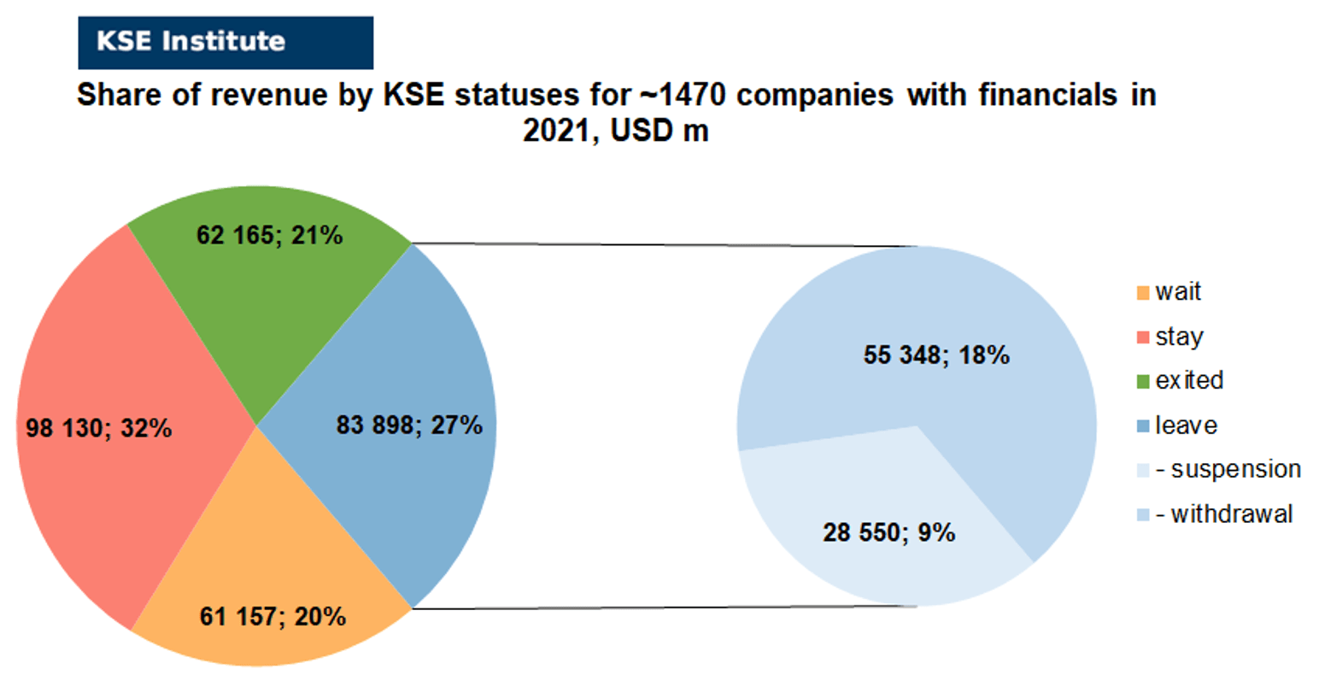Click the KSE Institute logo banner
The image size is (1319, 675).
point(226,43)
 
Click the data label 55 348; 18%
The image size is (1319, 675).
point(936,355)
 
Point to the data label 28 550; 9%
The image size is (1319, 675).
point(889,532)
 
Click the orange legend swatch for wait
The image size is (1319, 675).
point(1143,293)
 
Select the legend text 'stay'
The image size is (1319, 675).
point(1180,337)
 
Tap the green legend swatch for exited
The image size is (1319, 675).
point(1143,382)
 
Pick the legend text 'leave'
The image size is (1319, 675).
point(1186,426)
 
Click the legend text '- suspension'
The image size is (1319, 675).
point(1228,470)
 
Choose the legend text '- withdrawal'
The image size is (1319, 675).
point(1224,514)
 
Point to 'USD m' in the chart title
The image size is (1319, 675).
point(659,130)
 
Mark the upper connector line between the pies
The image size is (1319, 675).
point(665,244)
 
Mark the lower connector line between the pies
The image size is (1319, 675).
point(665,607)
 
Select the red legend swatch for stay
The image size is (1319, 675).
point(1143,337)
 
